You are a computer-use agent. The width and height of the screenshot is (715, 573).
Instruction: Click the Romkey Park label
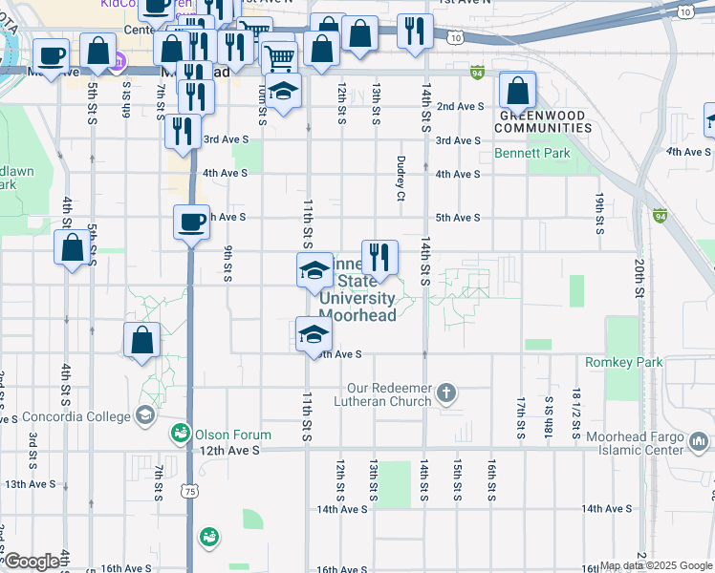[623, 363]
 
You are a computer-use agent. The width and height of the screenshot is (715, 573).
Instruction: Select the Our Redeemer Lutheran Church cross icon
[445, 393]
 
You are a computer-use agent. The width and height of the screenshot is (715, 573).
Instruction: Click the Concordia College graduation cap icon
[144, 414]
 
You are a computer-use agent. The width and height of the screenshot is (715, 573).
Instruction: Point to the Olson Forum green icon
[179, 435]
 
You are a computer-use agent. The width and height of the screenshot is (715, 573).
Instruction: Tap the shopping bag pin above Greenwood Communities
[517, 92]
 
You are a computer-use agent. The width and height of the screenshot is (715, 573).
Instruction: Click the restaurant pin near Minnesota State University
[379, 256]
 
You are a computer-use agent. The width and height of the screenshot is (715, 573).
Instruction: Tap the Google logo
[31, 562]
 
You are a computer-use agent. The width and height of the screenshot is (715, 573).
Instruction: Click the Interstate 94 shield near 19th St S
[660, 216]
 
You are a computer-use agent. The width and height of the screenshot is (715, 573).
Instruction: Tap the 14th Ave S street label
[342, 509]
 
